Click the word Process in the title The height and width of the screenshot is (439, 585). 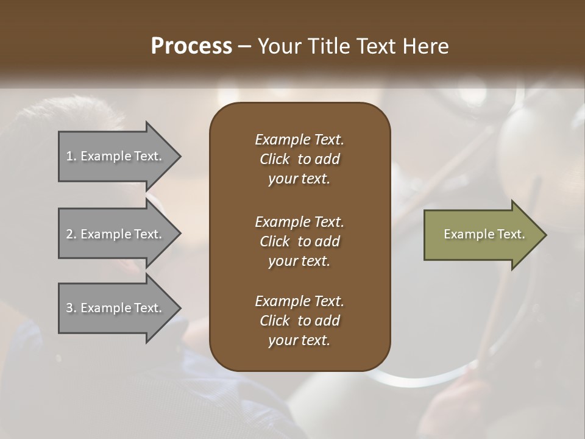(191, 46)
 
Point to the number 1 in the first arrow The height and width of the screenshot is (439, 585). (70, 156)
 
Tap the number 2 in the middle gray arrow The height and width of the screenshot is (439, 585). (70, 234)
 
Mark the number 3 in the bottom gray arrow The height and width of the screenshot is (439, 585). (70, 308)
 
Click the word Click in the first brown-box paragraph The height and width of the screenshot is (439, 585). (274, 159)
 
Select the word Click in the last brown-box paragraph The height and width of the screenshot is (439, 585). (274, 321)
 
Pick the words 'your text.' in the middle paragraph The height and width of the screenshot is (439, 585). (299, 261)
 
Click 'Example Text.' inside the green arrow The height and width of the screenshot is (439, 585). (484, 234)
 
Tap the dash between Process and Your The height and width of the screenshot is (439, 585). (245, 46)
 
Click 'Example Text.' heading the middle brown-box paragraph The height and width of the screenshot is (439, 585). (299, 221)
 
